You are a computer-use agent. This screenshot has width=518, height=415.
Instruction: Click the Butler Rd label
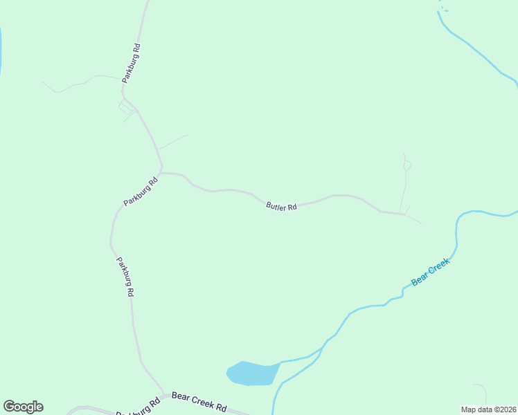click(281, 206)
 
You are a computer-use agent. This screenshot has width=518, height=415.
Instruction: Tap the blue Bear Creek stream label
click(431, 272)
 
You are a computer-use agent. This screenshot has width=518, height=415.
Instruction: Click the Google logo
click(23, 407)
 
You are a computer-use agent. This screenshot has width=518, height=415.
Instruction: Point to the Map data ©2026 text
click(489, 409)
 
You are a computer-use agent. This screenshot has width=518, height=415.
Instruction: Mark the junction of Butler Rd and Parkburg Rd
click(161, 172)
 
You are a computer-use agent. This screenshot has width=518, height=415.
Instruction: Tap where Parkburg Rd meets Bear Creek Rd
click(163, 395)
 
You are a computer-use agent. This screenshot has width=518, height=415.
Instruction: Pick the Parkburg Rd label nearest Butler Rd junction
click(141, 191)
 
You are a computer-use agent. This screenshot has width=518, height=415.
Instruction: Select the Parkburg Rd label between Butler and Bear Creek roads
click(124, 277)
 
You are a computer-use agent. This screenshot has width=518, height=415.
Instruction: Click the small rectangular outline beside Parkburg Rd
click(125, 107)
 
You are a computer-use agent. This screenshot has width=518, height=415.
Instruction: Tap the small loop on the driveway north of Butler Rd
click(407, 165)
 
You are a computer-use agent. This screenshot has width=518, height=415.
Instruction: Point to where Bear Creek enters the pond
click(280, 362)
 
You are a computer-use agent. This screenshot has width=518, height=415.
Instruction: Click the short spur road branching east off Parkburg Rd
click(172, 142)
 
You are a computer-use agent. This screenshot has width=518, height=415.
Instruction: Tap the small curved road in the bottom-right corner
click(481, 390)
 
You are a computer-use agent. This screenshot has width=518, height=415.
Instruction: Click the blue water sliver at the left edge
click(1, 52)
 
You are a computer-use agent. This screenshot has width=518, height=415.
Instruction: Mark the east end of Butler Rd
click(403, 214)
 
